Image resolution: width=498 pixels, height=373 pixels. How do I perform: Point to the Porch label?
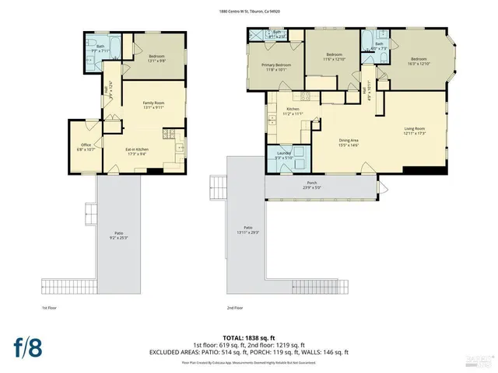click(x=321, y=183)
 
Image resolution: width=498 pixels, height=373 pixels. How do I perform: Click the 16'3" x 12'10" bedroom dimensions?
click(x=419, y=64)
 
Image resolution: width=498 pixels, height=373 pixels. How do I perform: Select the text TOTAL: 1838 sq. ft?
click(x=249, y=339)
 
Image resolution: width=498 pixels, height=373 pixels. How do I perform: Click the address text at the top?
click(x=249, y=11)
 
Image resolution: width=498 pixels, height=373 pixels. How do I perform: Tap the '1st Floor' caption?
click(x=51, y=309)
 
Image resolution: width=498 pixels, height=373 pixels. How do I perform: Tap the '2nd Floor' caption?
click(x=225, y=309)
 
